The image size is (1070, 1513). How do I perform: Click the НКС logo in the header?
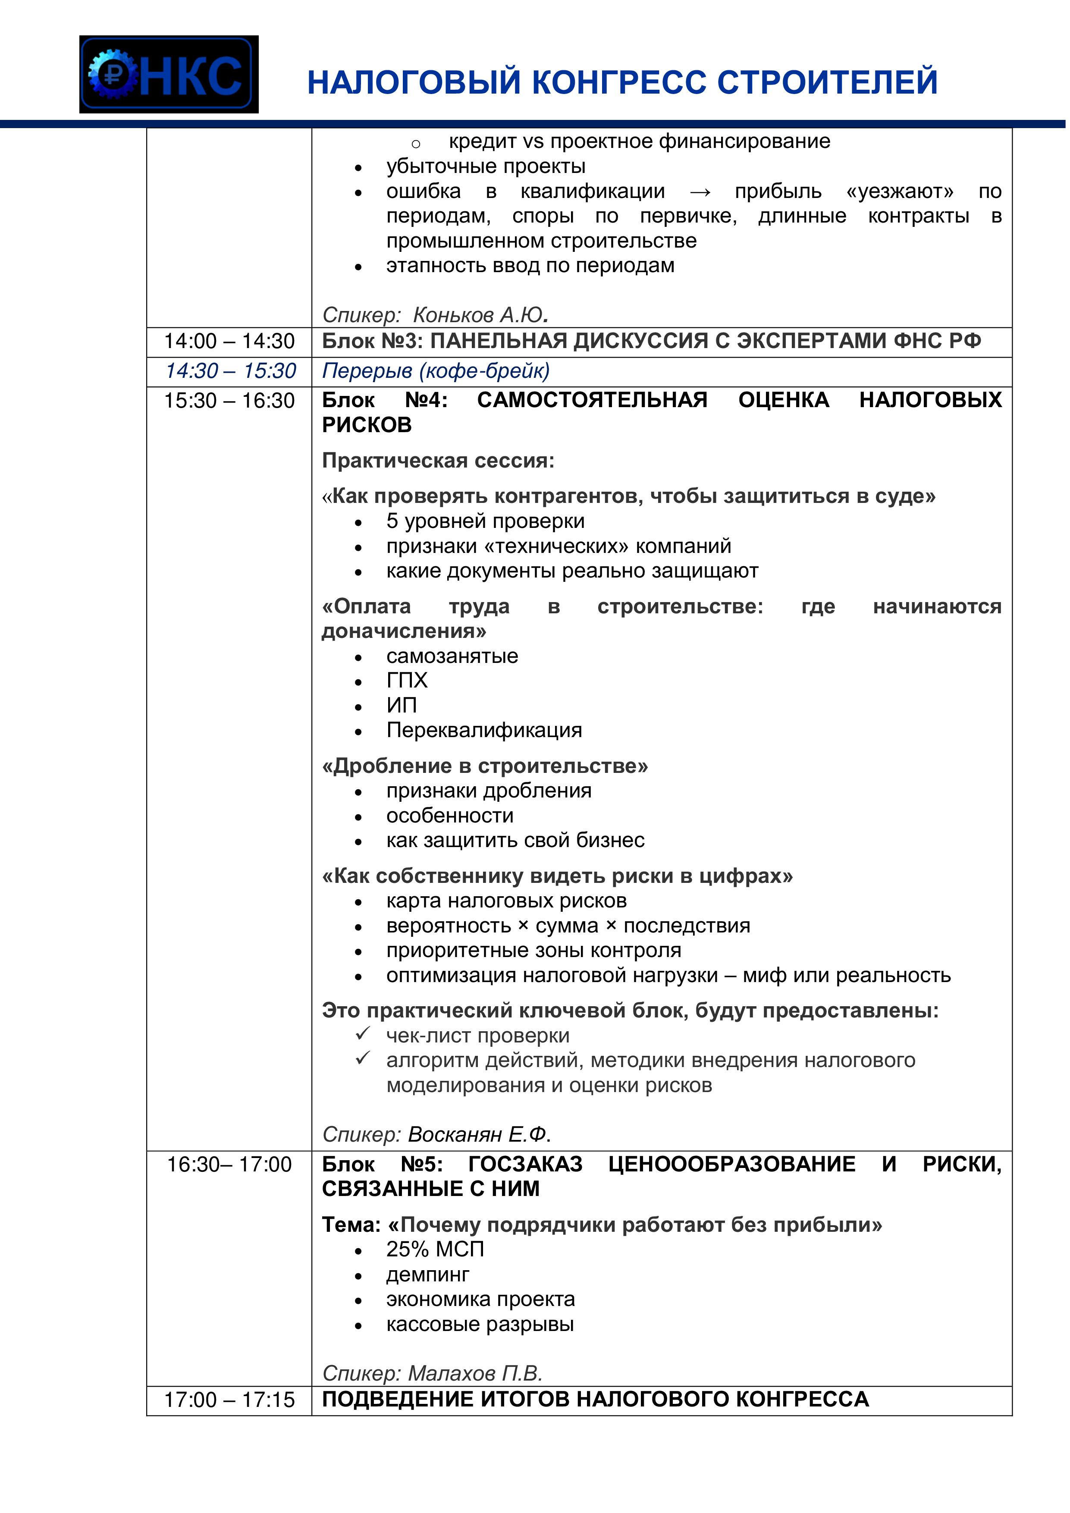pyautogui.click(x=169, y=75)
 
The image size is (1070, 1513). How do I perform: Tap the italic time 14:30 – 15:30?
pyautogui.click(x=230, y=371)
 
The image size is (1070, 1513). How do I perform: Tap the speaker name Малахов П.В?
pyautogui.click(x=475, y=1373)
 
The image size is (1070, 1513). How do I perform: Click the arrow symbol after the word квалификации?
pyautogui.click(x=700, y=192)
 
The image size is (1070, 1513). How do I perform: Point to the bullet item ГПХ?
pyautogui.click(x=407, y=680)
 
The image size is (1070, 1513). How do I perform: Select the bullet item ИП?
pyautogui.click(x=401, y=705)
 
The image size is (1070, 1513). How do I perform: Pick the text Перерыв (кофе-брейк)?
pyautogui.click(x=436, y=371)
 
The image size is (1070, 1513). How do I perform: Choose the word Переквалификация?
pyautogui.click(x=483, y=730)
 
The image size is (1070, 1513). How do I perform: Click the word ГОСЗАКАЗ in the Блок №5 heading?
pyautogui.click(x=525, y=1165)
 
